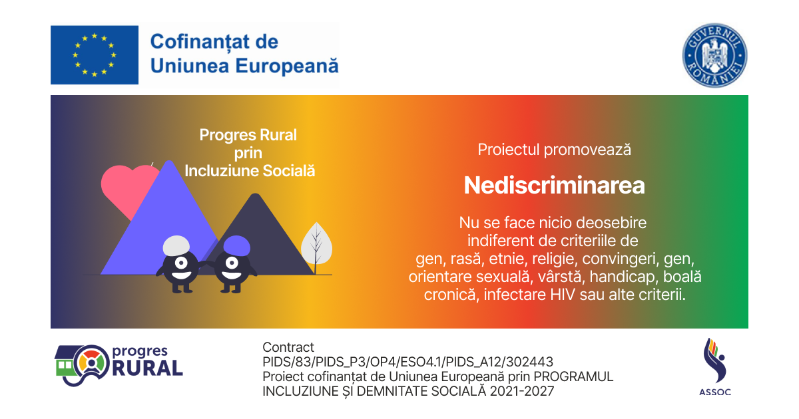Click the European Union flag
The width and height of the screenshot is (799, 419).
coord(95,55)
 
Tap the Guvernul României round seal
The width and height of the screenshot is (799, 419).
coord(714,55)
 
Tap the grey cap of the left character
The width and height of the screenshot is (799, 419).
coord(176,245)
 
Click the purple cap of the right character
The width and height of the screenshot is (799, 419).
coord(236,245)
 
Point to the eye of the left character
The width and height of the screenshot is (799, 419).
coord(181,263)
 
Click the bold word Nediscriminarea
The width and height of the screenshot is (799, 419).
coord(554,186)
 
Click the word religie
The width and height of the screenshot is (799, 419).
coord(551,259)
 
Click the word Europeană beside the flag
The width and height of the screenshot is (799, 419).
coord(287,66)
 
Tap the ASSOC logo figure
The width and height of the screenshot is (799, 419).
coord(714,360)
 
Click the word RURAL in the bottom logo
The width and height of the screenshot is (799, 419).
coord(147,368)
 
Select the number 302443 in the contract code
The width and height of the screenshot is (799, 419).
coord(529,362)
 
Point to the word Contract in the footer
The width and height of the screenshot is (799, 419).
coord(288,347)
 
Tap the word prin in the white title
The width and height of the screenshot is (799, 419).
coord(248,154)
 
